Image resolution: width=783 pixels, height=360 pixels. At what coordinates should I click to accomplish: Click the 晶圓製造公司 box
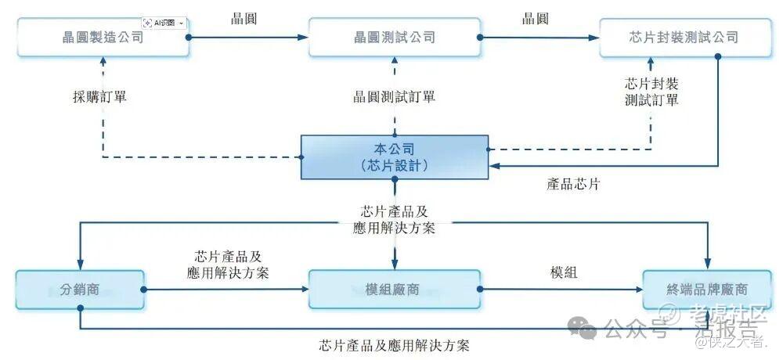(103, 37)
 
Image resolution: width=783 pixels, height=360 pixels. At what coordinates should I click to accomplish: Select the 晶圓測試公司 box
(394, 37)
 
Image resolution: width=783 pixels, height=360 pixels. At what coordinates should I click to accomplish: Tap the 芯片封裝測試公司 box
(684, 37)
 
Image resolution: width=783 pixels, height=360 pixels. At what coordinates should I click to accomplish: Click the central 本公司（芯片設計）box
(395, 157)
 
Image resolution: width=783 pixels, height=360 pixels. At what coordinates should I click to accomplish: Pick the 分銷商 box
(79, 289)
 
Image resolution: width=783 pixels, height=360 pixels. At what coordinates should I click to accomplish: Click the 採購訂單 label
(99, 97)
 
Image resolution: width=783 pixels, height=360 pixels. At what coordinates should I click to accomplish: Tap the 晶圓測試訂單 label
(394, 97)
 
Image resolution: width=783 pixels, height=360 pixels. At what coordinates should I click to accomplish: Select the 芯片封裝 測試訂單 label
(651, 91)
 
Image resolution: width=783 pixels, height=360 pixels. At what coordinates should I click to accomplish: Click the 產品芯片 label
(574, 185)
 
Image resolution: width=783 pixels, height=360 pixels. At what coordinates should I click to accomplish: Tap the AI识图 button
(164, 23)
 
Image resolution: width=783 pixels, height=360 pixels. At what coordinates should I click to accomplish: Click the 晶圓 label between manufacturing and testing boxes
(244, 18)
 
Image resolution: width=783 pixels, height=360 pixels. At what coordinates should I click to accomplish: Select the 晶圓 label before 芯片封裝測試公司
(536, 18)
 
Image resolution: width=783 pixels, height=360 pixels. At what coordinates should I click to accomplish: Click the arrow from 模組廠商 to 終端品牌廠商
(560, 290)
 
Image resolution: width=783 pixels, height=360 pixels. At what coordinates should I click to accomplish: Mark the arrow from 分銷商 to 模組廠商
(227, 290)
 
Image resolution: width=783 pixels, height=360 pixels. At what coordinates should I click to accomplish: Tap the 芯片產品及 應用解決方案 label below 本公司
(394, 220)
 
